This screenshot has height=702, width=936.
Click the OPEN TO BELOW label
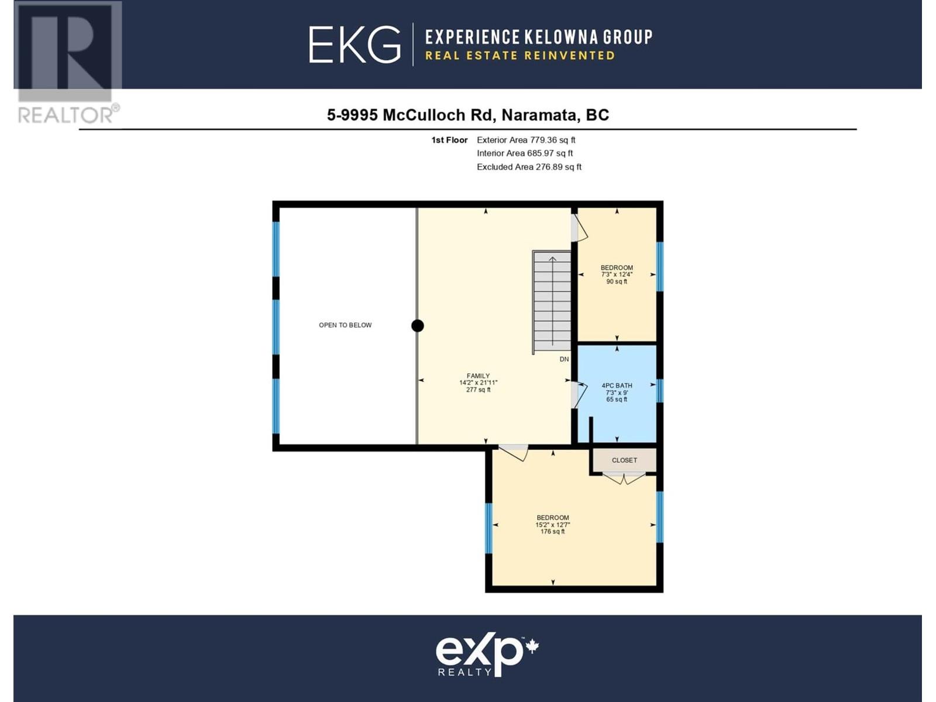coord(345,325)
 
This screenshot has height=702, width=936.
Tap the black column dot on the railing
coord(418,326)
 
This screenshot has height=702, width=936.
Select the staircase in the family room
coord(552,302)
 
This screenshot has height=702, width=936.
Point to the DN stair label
coord(564,359)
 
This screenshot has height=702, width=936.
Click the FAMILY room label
coord(478,383)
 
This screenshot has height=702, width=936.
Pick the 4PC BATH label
coord(617,392)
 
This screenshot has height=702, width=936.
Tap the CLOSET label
coord(624,460)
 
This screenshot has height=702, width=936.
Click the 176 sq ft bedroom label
coord(553,525)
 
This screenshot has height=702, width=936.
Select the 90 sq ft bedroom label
coord(617,274)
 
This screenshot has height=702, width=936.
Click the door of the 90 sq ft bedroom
coord(579,228)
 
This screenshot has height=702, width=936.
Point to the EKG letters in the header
coord(355,45)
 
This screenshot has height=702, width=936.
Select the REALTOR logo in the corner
coord(68,63)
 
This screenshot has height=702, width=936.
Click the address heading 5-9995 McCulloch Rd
coord(468,115)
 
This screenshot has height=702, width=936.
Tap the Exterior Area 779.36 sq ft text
coord(526,140)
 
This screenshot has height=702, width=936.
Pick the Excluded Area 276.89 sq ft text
coord(529,167)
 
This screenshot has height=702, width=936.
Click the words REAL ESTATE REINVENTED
coord(520,56)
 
